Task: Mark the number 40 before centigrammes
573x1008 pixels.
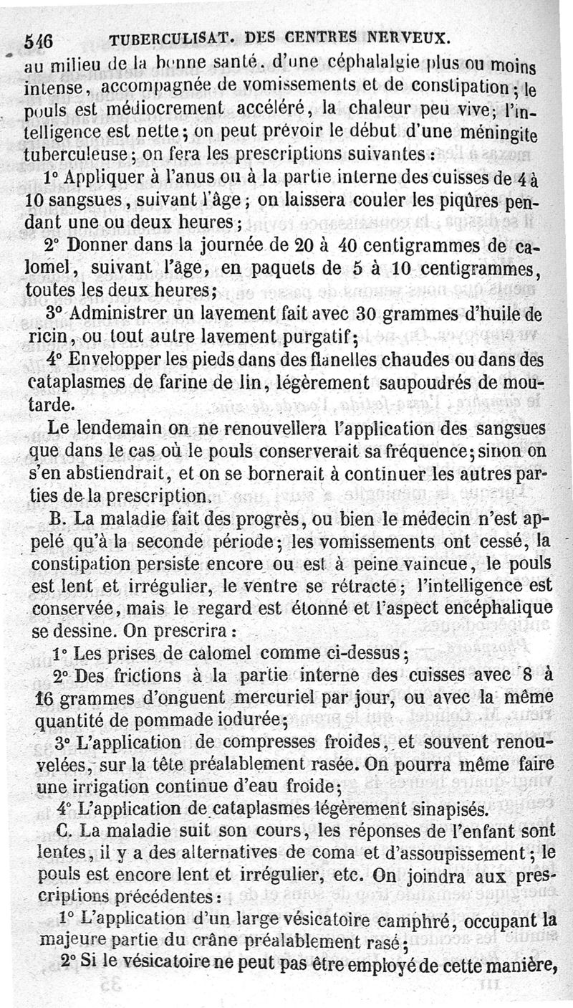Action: [x=347, y=247]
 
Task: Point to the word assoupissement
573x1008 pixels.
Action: [x=465, y=854]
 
